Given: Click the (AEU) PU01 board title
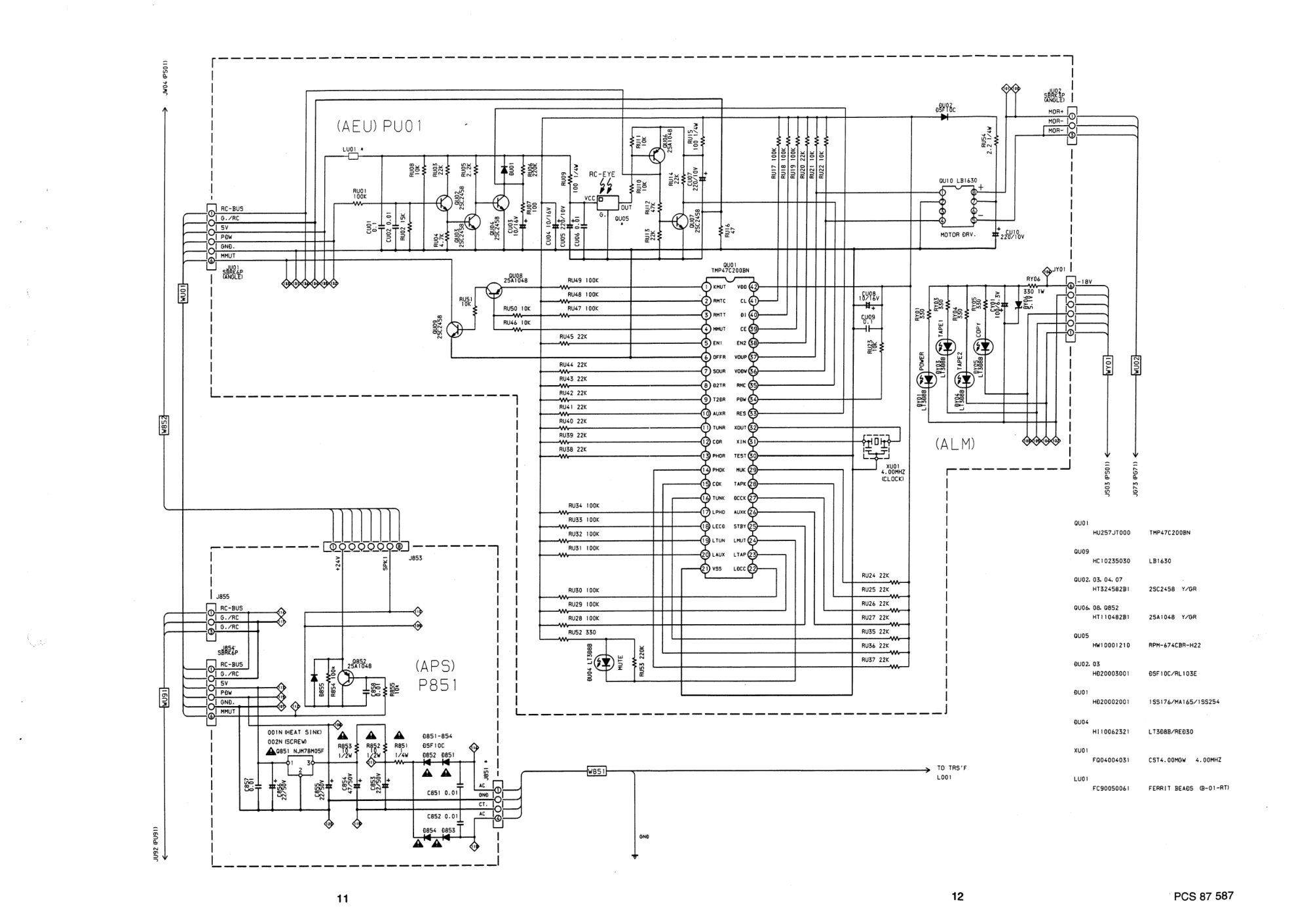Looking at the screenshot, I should (379, 126).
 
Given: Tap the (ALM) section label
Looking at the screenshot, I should (955, 444).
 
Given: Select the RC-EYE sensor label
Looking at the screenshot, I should (601, 175).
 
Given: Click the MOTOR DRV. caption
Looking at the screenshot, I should (959, 234).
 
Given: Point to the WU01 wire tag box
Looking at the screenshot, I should (183, 292).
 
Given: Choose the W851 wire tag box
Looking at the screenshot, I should (596, 772).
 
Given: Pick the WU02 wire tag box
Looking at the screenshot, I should (1136, 365).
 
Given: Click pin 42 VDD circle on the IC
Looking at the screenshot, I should (753, 287).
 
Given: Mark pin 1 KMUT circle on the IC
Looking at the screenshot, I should (706, 287).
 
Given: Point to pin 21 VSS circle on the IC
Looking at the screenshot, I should (706, 568).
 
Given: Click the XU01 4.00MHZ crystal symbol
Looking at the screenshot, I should (876, 446).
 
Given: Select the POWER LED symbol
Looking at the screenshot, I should (928, 380).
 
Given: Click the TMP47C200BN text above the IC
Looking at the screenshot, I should (729, 270).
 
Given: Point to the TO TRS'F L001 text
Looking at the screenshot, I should (951, 773).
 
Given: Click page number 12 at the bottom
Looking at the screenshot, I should (957, 897).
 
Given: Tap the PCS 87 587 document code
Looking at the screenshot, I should (1203, 896).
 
